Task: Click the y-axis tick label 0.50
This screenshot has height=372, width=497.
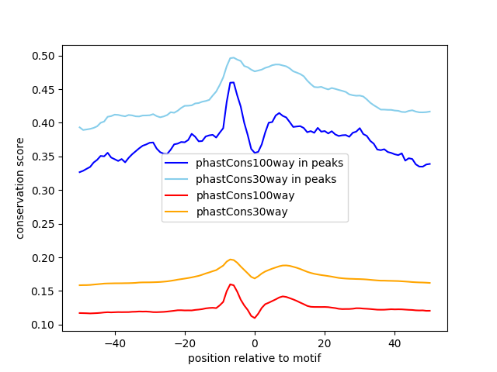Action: tap(44, 56)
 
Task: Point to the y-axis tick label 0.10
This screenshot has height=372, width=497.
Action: tap(44, 325)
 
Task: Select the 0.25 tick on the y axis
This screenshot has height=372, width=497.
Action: tap(44, 191)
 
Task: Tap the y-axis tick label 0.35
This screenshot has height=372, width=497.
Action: tap(44, 157)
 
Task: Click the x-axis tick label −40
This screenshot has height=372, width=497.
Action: tap(114, 343)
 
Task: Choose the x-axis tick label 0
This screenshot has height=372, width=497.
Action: tap(255, 343)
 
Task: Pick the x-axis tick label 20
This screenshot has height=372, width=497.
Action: tap(325, 343)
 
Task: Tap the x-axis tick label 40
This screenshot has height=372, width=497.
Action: tap(394, 343)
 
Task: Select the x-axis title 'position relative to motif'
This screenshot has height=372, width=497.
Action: tap(255, 358)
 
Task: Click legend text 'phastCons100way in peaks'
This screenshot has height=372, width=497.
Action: tap(269, 163)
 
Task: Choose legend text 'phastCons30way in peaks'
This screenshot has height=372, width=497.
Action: tap(266, 179)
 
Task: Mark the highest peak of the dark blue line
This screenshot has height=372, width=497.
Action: tap(231, 82)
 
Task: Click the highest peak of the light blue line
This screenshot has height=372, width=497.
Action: tap(231, 57)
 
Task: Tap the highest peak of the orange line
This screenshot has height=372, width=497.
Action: tap(231, 259)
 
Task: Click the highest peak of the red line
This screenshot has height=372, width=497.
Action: tap(231, 284)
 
